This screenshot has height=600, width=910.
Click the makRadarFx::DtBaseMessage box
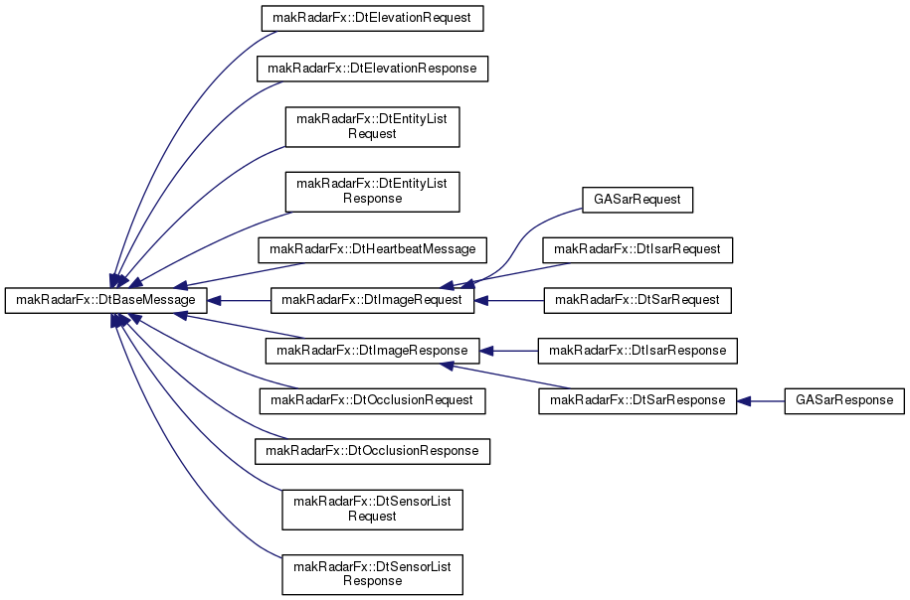(x=106, y=300)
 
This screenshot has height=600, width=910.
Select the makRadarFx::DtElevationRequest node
(x=372, y=18)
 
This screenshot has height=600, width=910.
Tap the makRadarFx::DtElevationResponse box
(x=372, y=69)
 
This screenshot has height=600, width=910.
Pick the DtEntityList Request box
(x=372, y=127)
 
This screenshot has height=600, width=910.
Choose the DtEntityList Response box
(x=372, y=192)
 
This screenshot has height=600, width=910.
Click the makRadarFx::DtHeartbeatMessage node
(x=372, y=250)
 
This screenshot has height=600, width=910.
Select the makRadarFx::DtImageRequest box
(x=372, y=300)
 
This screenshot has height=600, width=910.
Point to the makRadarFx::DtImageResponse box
(x=372, y=351)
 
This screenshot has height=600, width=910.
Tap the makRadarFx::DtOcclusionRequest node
(x=372, y=400)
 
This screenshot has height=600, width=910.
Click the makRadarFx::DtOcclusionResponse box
(x=372, y=451)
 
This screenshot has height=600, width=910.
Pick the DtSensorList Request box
(x=372, y=510)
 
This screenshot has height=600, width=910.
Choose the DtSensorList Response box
(x=372, y=574)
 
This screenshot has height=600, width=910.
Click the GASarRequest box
(x=637, y=200)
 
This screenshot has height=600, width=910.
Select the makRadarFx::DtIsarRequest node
(x=637, y=250)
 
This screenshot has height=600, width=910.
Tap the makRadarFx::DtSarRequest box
(x=637, y=300)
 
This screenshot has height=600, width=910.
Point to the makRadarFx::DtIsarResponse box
(x=637, y=351)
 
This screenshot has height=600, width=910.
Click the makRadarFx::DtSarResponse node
(x=637, y=400)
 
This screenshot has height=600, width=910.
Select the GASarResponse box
(x=844, y=400)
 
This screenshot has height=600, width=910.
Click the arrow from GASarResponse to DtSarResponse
(x=760, y=401)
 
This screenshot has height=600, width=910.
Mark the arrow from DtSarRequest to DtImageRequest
(x=509, y=301)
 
